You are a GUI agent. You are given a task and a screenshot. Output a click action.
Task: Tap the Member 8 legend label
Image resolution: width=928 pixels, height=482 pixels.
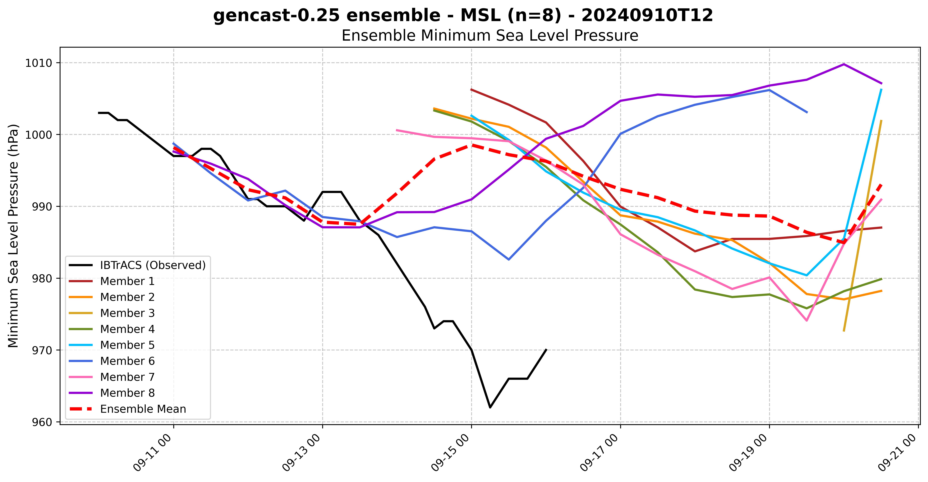pos(127,393)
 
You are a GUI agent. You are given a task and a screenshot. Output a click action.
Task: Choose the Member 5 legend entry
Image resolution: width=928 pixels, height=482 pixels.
pos(127,345)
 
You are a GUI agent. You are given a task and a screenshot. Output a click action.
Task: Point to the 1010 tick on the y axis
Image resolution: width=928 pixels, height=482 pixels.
pos(38,63)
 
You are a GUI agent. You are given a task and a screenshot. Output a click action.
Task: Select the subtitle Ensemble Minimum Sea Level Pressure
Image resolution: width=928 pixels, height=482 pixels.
pos(490,36)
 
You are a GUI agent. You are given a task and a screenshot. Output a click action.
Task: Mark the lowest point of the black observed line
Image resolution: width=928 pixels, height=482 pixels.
pos(490,407)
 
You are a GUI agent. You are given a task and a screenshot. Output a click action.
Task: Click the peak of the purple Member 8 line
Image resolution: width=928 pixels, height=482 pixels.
pos(844,64)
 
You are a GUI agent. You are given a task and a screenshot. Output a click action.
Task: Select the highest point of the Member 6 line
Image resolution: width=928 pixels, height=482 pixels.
pos(769,90)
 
